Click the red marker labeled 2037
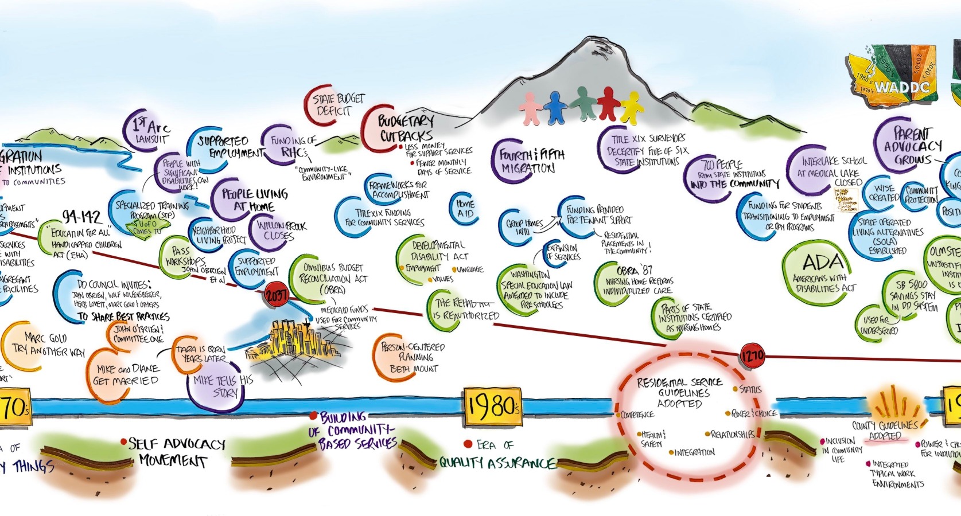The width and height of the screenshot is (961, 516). click(275, 296)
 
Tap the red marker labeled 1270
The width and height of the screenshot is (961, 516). click(752, 356)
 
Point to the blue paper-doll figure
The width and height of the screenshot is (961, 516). click(555, 107)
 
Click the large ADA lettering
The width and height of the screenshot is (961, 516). click(823, 264)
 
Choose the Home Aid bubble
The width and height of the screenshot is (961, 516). click(465, 209)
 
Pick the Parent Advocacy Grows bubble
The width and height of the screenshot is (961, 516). click(912, 146)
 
